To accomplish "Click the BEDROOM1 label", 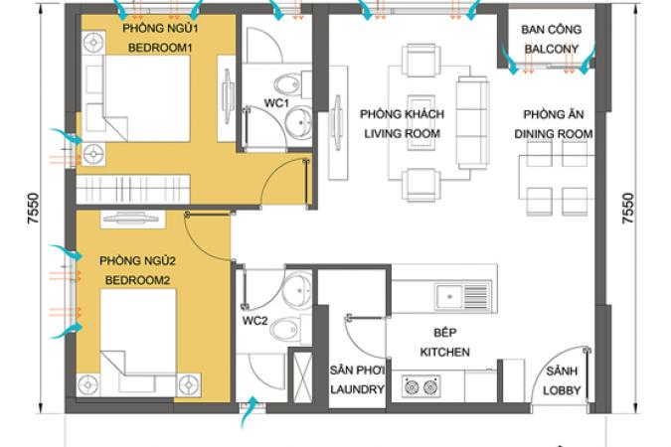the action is pos(160,48).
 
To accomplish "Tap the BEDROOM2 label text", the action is pos(137,280).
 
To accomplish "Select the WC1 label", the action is pos(276,103).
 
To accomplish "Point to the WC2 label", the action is pos(254,321).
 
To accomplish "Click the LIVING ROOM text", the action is pos(402,133).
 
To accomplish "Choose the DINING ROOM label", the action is pos(554,134).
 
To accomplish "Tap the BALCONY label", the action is pos(551,49).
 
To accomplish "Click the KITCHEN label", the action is pos(444,352).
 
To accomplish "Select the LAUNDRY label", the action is pos(357,389).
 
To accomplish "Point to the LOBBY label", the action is pos(562,390).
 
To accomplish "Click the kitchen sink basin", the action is pos(449,296).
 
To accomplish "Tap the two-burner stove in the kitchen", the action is pos(421,386).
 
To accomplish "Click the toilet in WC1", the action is pos(292,84).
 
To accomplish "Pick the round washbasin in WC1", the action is pos(299,122).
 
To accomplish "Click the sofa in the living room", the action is pos(472,123).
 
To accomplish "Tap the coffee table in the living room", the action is pos(421,123).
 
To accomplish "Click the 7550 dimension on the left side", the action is pos(33,209).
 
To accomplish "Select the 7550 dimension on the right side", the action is pos(628,209).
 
